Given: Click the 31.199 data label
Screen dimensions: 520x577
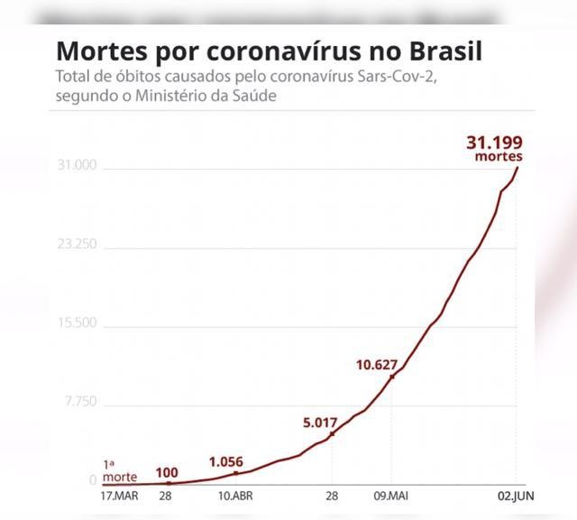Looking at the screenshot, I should [494, 143].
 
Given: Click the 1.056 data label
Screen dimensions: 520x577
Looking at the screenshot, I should [226, 461].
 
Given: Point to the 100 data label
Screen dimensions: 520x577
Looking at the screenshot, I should [167, 471].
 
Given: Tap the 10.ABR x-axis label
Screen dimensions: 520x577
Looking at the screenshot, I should [235, 497].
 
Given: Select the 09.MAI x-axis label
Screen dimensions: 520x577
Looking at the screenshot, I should [391, 497].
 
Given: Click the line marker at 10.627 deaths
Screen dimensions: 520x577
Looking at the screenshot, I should [392, 376].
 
